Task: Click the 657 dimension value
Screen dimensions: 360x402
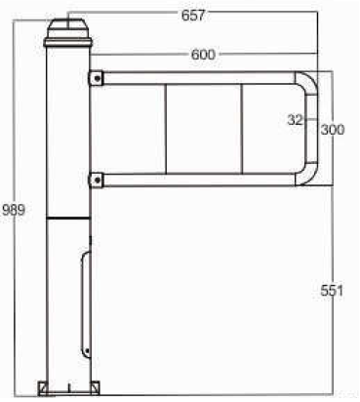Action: (193, 15)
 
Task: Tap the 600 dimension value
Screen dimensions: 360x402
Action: (203, 55)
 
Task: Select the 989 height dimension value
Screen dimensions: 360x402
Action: (14, 210)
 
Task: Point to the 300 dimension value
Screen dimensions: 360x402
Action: (333, 130)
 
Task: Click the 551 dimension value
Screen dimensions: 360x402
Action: (332, 290)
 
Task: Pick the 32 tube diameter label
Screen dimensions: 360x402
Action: (295, 120)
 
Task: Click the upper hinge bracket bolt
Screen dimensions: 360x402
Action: (98, 78)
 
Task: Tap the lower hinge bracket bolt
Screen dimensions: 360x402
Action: (98, 180)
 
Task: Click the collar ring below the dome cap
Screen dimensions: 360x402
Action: (68, 42)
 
